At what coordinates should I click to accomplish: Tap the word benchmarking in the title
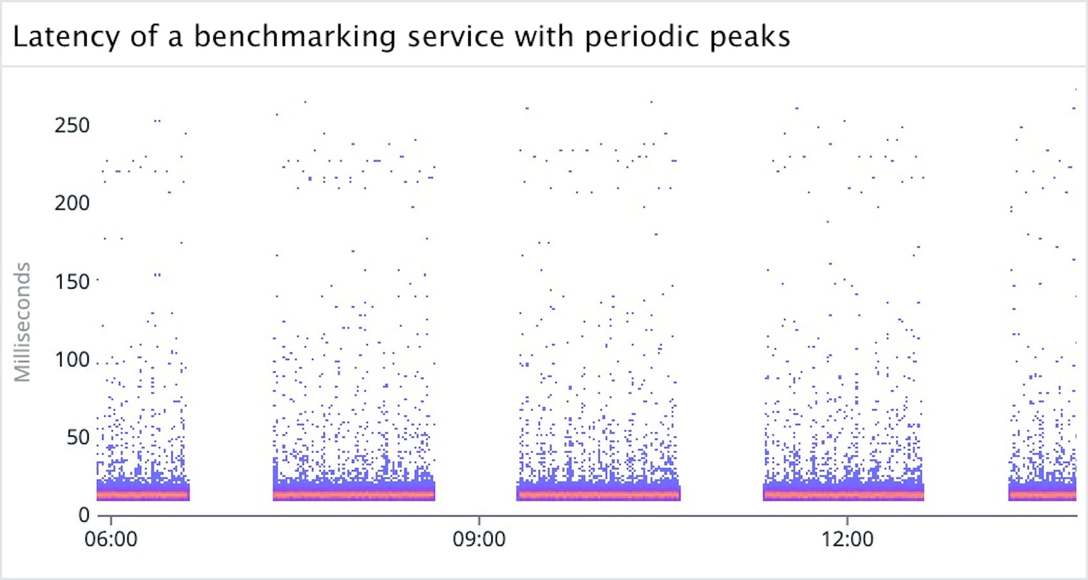[x=295, y=37]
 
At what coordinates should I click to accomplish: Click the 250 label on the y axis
[x=72, y=125]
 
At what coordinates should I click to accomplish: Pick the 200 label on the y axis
[x=72, y=203]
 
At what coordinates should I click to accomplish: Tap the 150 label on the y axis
[x=72, y=282]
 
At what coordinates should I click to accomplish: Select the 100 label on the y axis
[x=72, y=359]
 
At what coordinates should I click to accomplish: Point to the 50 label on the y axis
[x=78, y=438]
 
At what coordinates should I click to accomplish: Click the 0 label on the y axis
[x=84, y=515]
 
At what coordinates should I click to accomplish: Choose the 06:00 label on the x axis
[x=111, y=539]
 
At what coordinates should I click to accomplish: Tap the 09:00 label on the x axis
[x=479, y=539]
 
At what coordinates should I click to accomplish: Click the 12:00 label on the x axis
[x=847, y=539]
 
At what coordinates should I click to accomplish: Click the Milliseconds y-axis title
[x=23, y=322]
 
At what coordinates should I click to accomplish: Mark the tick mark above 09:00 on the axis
[x=479, y=520]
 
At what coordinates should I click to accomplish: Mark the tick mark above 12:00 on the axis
[x=847, y=520]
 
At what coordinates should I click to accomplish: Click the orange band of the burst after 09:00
[x=598, y=495]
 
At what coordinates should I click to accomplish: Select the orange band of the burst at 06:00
[x=143, y=495]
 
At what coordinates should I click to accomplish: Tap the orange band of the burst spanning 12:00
[x=843, y=495]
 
